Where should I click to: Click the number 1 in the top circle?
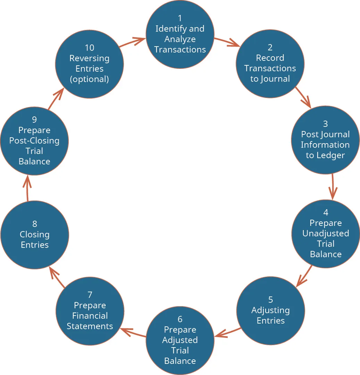tap(180, 18)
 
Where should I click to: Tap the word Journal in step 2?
tap(275, 79)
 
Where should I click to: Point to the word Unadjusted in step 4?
tap(326, 233)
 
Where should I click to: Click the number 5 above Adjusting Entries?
tap(270, 300)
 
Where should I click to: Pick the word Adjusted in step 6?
tap(180, 340)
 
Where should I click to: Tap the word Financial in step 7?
tap(90, 316)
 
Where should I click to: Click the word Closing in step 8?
tap(35, 235)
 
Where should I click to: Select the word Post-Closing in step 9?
tap(34, 141)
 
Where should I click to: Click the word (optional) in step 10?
tap(90, 79)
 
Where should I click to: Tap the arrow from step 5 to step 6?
tap(227, 332)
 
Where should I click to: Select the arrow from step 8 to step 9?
tap(27, 188)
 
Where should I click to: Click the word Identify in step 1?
tap(167, 28)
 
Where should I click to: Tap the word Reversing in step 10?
tap(90, 58)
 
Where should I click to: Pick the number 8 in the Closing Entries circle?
tap(35, 224)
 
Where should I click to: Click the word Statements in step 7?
tap(90, 326)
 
